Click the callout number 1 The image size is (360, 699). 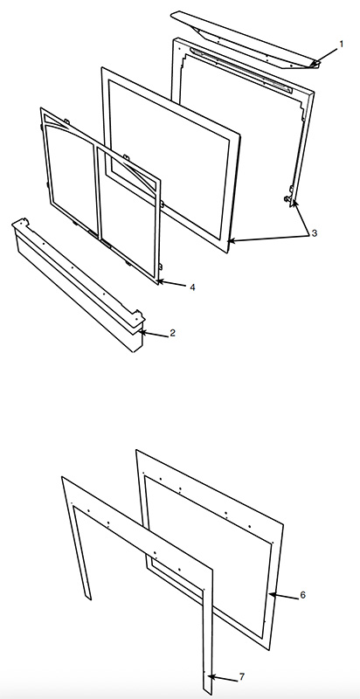pyautogui.click(x=342, y=44)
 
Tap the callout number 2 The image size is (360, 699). pyautogui.click(x=172, y=333)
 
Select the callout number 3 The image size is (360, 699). pyautogui.click(x=314, y=232)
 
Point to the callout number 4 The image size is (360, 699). pyautogui.click(x=192, y=287)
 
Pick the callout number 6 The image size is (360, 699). pyautogui.click(x=302, y=595)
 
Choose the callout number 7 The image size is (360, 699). pyautogui.click(x=242, y=676)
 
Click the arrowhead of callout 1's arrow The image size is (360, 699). pyautogui.click(x=315, y=64)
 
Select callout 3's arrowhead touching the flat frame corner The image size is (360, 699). pyautogui.click(x=231, y=241)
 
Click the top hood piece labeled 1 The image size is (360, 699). pyautogui.click(x=245, y=39)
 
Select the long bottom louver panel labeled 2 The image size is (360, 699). pyautogui.click(x=78, y=286)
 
